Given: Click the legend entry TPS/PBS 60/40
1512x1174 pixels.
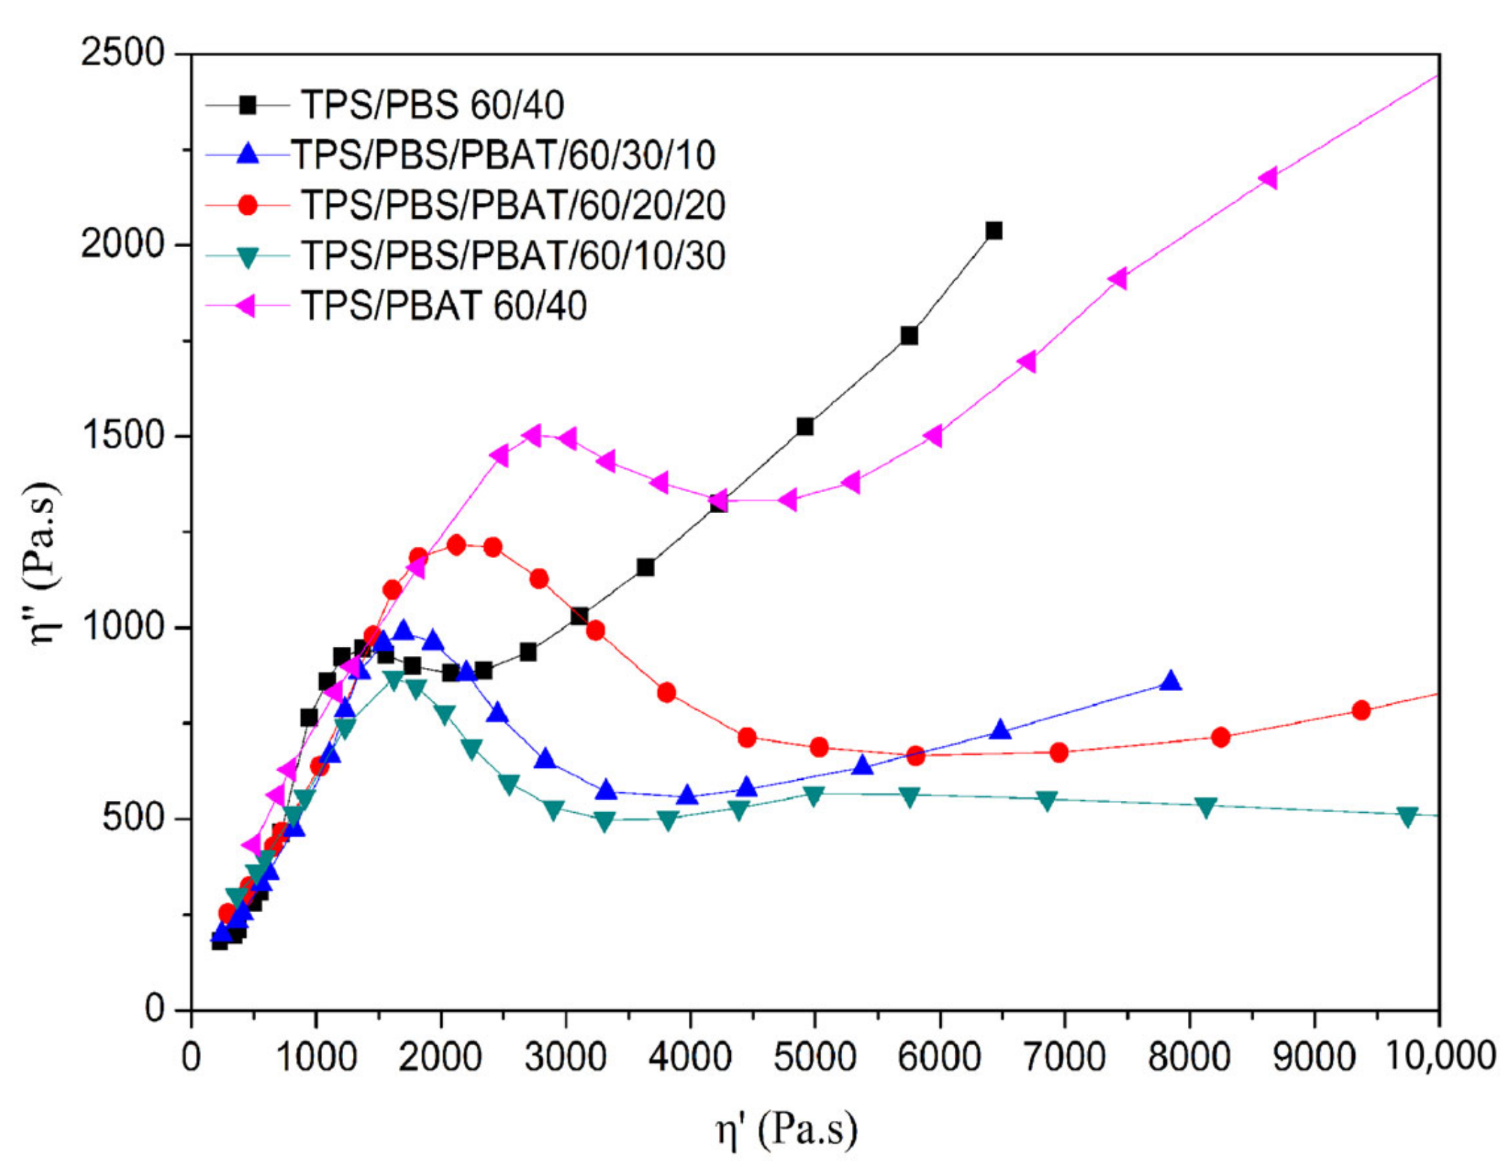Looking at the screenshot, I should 433,106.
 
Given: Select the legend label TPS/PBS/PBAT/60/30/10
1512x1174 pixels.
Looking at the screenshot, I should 503,155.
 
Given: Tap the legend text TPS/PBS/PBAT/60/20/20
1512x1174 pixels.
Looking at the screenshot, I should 513,206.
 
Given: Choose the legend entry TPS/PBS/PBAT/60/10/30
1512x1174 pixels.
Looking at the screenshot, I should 513,256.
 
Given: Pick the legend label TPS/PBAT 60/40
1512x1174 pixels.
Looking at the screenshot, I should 444,306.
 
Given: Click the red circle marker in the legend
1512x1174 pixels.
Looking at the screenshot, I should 248,205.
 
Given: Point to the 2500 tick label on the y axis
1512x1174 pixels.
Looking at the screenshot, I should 122,53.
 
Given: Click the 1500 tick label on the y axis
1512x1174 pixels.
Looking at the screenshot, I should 122,435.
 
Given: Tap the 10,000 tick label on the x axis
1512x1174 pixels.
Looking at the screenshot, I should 1441,1056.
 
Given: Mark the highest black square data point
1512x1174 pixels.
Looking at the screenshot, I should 993,230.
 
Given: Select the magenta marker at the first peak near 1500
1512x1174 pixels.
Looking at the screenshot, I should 533,435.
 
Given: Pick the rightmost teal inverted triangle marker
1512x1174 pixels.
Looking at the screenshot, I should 1407,816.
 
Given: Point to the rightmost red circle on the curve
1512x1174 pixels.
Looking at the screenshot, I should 1361,711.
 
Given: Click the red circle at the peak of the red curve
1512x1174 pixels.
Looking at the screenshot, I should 456,545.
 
